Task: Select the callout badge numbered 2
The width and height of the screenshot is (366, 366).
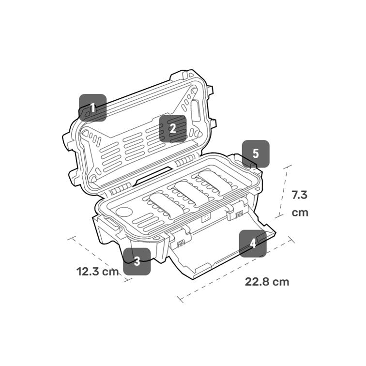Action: [x=173, y=128]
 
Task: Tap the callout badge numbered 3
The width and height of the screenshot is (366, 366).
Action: [x=137, y=261]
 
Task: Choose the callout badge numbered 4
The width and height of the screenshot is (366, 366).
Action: [x=253, y=243]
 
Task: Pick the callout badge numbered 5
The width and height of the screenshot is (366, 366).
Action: [x=256, y=154]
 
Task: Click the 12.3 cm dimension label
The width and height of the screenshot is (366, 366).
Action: [x=97, y=271]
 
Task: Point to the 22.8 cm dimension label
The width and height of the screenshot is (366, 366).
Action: [x=267, y=282]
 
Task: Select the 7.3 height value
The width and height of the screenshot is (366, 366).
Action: [x=300, y=195]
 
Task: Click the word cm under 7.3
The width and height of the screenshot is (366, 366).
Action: [x=300, y=213]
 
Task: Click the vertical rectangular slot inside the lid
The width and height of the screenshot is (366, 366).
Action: [x=196, y=111]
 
